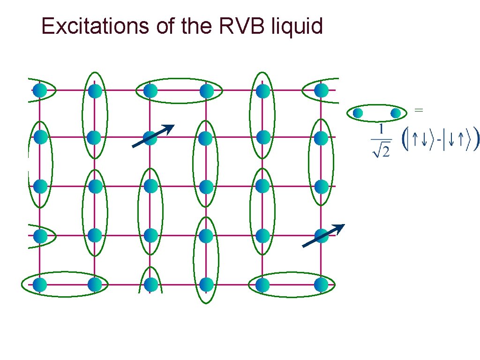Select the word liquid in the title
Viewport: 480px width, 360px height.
point(297,26)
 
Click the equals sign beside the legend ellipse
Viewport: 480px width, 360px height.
point(419,110)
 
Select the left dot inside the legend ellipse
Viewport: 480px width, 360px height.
point(358,113)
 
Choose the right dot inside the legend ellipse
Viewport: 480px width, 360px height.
point(396,113)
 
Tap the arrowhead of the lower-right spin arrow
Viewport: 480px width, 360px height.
point(341,227)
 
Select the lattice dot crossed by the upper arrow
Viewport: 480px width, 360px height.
point(150,138)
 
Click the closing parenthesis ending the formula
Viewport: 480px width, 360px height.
point(476,139)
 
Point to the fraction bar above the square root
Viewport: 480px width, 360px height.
point(381,139)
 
